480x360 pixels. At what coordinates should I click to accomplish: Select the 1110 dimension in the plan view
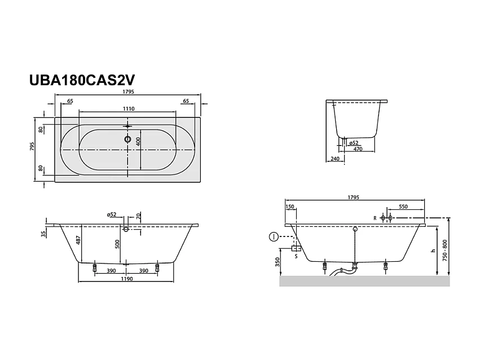[x=127, y=109]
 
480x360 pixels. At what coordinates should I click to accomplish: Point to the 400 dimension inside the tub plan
[x=138, y=142]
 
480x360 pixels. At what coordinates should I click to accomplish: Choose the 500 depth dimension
[x=117, y=244]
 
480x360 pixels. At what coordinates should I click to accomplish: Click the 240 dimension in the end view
[x=335, y=159]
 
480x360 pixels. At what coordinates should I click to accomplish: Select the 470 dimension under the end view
[x=358, y=149]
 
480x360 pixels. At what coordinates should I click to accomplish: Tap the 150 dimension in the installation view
[x=290, y=207]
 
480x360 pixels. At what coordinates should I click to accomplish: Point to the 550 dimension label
[x=403, y=207]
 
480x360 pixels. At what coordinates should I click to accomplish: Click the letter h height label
[x=433, y=251]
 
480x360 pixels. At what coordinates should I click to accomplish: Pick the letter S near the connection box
[x=297, y=257]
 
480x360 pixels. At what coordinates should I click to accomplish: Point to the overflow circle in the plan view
[x=127, y=139]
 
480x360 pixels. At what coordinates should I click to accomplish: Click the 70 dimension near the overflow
[x=137, y=216]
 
